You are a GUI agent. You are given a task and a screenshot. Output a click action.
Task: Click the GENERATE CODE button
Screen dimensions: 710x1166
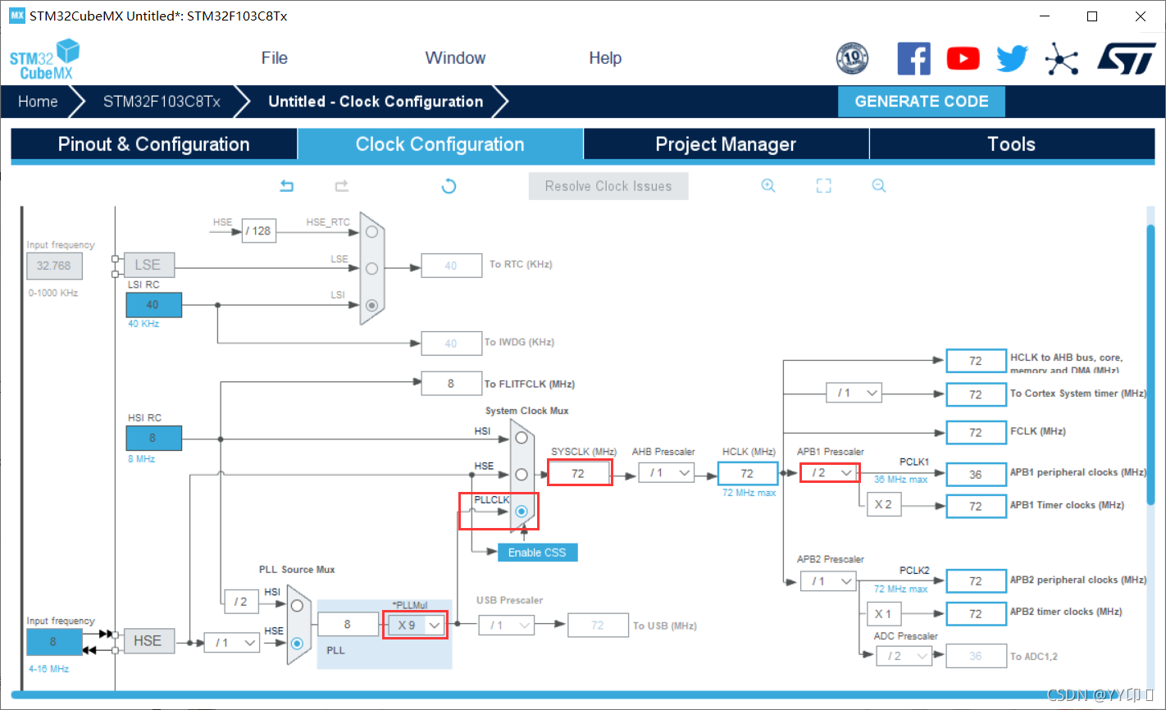[x=921, y=102]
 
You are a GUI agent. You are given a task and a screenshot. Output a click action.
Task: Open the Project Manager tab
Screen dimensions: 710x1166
[x=726, y=144]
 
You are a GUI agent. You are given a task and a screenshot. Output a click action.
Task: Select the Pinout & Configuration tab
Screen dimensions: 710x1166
[x=153, y=144]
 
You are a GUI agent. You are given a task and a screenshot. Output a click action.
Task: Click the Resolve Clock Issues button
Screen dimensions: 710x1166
[x=608, y=186]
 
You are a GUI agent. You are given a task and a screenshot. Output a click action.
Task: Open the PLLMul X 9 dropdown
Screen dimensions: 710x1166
[x=416, y=626]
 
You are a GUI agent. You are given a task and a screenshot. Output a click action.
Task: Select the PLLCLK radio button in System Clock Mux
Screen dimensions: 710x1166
[x=522, y=511]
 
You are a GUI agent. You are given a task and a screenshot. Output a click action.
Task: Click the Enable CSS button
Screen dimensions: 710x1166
[x=537, y=553]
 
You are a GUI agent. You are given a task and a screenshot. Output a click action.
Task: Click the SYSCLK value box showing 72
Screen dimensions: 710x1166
[x=579, y=473]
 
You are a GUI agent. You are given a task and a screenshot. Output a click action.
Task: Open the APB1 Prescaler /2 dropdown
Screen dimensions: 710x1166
[x=830, y=473]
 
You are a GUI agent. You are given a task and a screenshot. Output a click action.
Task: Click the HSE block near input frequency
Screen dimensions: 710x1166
[x=148, y=641]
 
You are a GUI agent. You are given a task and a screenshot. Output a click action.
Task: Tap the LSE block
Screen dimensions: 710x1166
[x=148, y=265]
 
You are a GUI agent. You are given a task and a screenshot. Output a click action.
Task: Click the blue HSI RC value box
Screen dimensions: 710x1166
[x=153, y=438]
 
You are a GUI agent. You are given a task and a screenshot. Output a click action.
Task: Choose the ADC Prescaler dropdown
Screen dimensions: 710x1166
[x=904, y=656]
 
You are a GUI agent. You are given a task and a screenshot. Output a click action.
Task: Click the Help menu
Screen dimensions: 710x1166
[x=605, y=58]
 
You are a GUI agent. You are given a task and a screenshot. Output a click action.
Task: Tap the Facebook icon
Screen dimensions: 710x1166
[x=913, y=59]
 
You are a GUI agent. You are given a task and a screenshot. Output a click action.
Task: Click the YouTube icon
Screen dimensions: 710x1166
[x=963, y=59]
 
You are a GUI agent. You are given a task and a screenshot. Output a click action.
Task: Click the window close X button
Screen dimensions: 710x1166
[x=1140, y=16]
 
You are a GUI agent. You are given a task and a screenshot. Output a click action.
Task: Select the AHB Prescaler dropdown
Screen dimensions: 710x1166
[x=667, y=473]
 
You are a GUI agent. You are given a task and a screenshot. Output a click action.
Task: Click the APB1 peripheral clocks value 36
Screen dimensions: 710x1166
[x=975, y=474]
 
